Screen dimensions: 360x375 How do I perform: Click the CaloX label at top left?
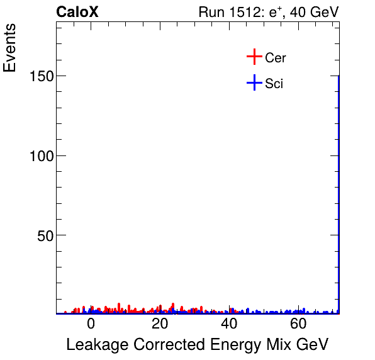(x=77, y=12)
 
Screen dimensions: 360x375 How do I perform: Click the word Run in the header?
(x=210, y=12)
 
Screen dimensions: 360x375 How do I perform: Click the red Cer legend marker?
(x=254, y=57)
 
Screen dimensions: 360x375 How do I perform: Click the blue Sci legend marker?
(x=254, y=83)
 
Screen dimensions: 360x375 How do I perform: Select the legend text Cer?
(x=276, y=58)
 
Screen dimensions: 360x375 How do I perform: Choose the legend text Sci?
(x=274, y=84)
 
